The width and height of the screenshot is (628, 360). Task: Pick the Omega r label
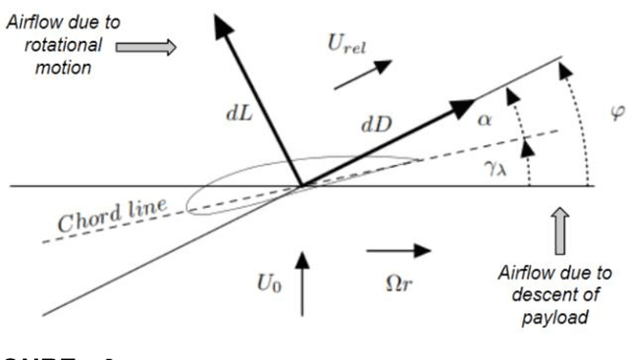tap(398, 280)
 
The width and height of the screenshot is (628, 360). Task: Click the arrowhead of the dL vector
tap(217, 20)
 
